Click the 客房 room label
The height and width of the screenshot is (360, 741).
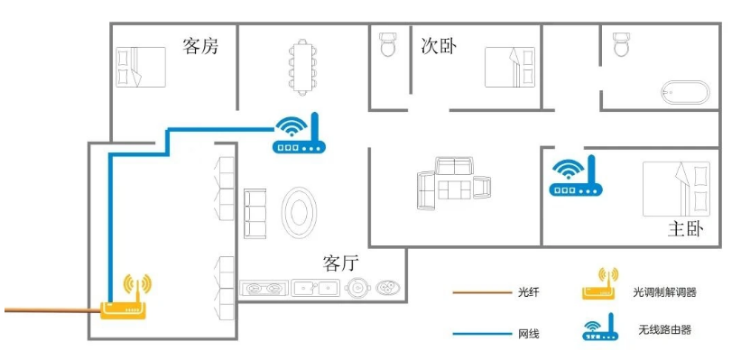tap(200, 46)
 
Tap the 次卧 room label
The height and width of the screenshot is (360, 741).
tap(439, 46)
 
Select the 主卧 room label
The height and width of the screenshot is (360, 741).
tap(686, 229)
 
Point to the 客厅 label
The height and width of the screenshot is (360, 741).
tap(341, 263)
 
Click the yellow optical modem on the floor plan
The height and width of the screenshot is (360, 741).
tap(125, 297)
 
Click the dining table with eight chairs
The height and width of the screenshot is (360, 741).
tap(302, 67)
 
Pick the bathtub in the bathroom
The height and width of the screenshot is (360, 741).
tap(685, 92)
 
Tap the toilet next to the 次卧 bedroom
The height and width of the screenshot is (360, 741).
tap(387, 44)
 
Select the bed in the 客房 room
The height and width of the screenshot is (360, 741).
tap(141, 67)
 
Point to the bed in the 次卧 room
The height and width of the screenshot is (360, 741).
tap(510, 67)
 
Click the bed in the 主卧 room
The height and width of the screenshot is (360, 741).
tap(676, 189)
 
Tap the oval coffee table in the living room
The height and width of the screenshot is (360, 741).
tap(299, 213)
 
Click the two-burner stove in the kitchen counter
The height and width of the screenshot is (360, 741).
tap(264, 288)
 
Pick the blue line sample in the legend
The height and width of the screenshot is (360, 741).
tap(482, 334)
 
